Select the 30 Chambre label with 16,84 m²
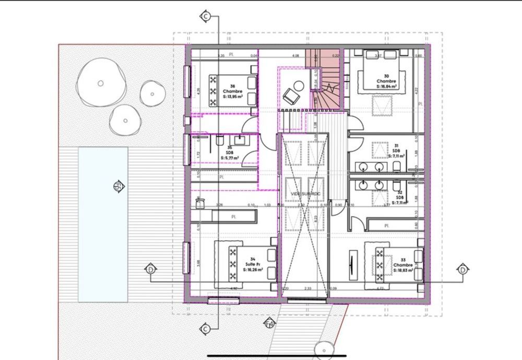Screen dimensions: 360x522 coord(386,82)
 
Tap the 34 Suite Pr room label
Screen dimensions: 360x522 coord(253,264)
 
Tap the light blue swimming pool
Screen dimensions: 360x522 coord(103,224)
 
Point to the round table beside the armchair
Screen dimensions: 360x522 coord(299,85)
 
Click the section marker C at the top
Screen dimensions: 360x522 coord(206,17)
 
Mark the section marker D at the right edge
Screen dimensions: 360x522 coord(462,270)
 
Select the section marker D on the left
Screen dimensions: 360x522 coord(150,270)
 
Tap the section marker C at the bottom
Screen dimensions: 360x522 coord(206,329)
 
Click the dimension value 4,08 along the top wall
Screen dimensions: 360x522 coord(295,55)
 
